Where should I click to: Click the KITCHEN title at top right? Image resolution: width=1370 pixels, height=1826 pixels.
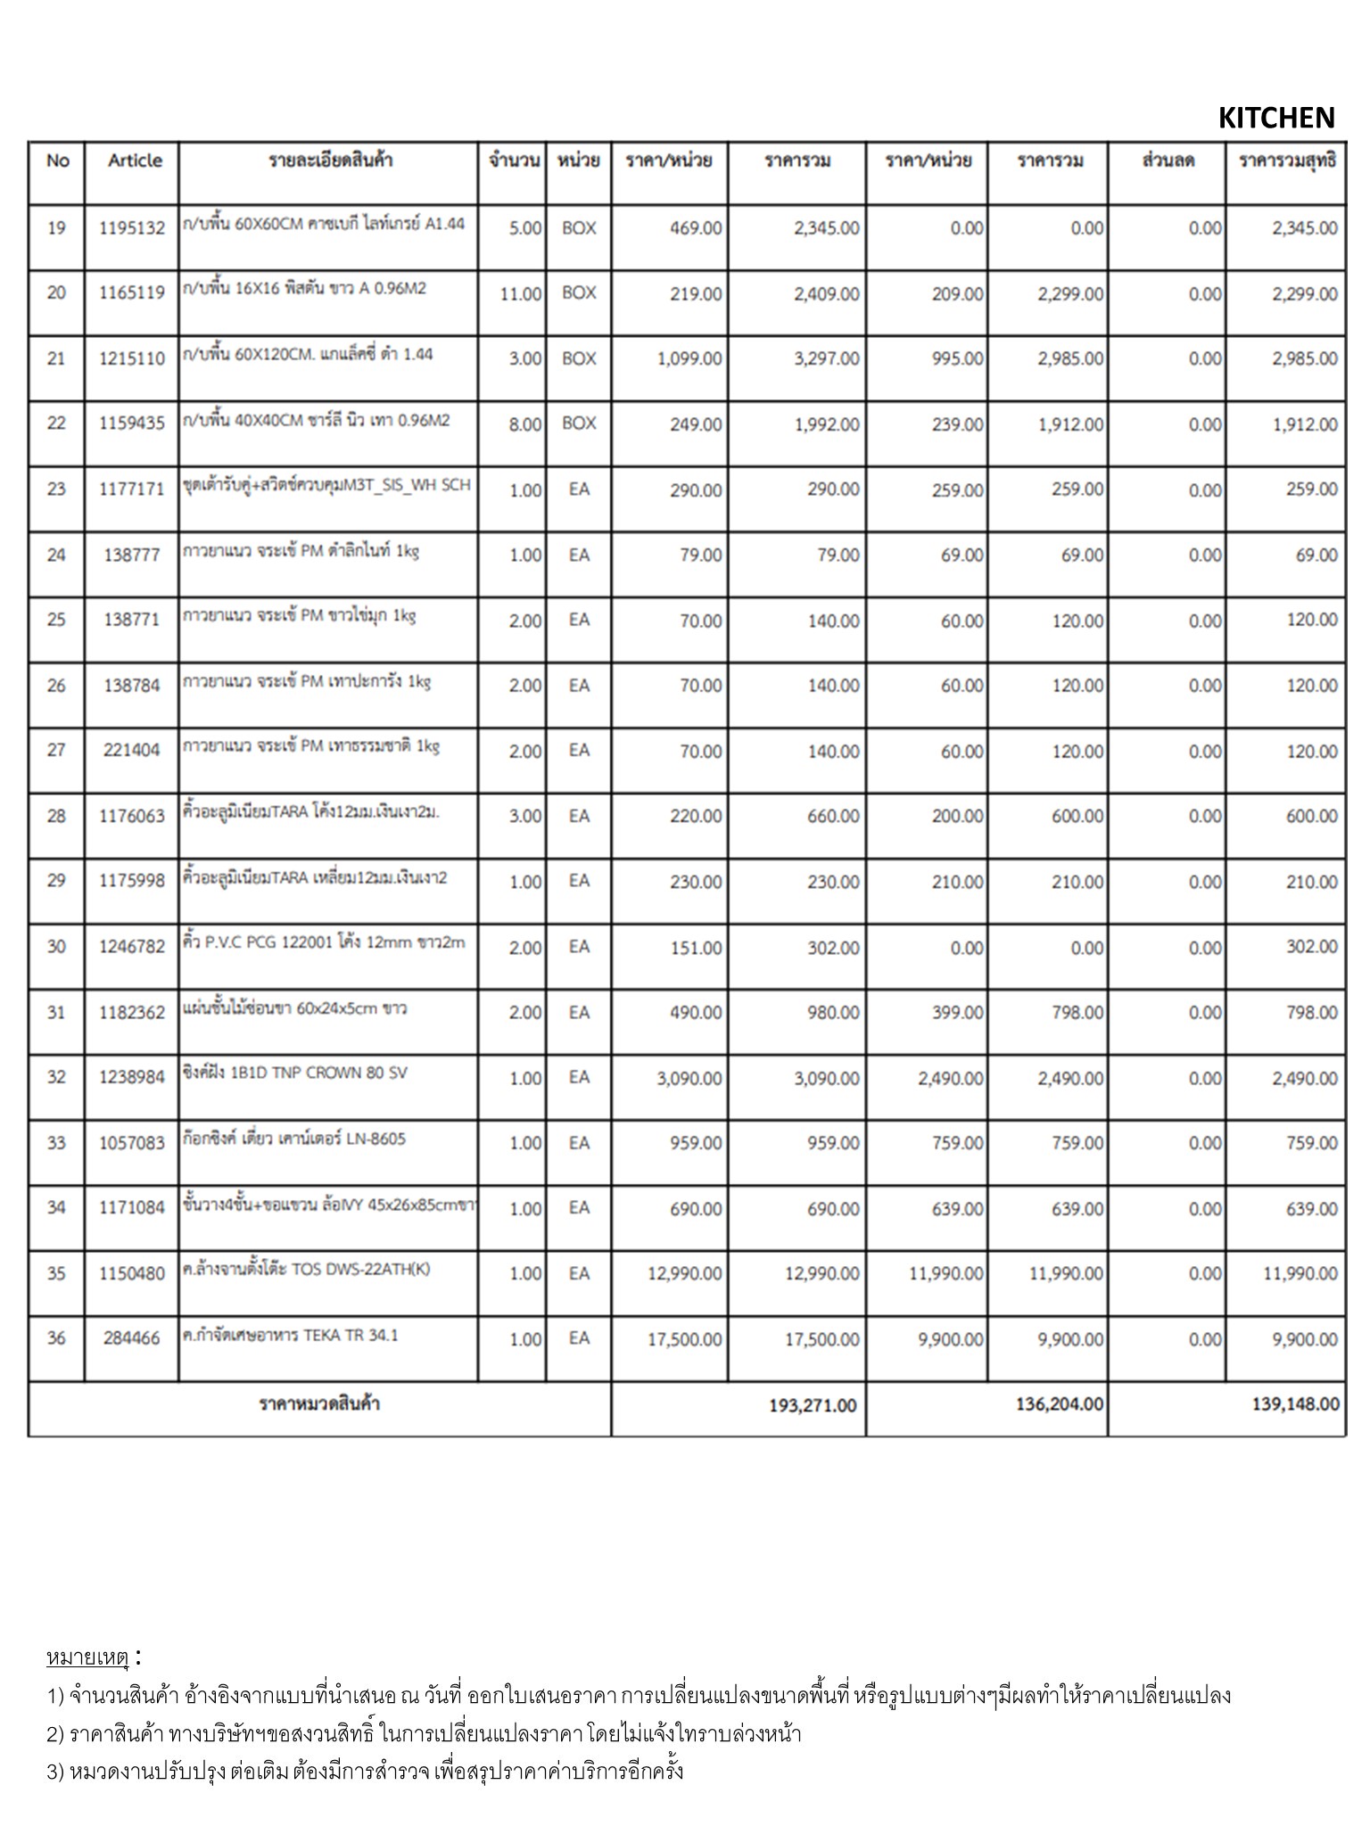point(1275,118)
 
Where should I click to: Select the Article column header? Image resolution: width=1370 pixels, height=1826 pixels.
point(135,160)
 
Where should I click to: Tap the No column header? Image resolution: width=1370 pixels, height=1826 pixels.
point(57,160)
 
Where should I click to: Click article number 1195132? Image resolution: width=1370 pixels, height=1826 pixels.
point(132,228)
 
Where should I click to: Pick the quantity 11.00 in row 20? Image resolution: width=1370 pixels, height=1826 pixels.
point(521,293)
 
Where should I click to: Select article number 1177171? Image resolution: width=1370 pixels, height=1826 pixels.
point(132,489)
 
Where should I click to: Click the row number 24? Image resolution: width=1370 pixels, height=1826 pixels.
point(56,555)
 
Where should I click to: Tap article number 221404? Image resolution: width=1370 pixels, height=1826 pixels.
point(132,750)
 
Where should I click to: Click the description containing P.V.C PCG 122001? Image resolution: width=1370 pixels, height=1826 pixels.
point(324,942)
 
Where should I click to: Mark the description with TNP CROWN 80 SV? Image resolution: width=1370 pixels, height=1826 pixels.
point(295,1073)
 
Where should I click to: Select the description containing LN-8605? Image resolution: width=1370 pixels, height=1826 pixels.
point(294,1139)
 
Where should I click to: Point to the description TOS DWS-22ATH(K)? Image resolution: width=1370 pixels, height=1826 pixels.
point(306,1269)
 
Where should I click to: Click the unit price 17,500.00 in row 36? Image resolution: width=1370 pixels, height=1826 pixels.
point(684,1339)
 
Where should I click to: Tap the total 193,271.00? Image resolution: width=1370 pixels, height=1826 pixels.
point(812,1405)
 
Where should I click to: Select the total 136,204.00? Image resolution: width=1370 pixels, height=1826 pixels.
point(1059,1404)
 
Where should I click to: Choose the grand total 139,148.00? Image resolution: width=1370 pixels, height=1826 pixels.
point(1295,1404)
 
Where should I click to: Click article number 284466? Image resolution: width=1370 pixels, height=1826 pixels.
point(132,1338)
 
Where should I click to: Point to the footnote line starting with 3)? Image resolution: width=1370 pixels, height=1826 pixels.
point(366,1771)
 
